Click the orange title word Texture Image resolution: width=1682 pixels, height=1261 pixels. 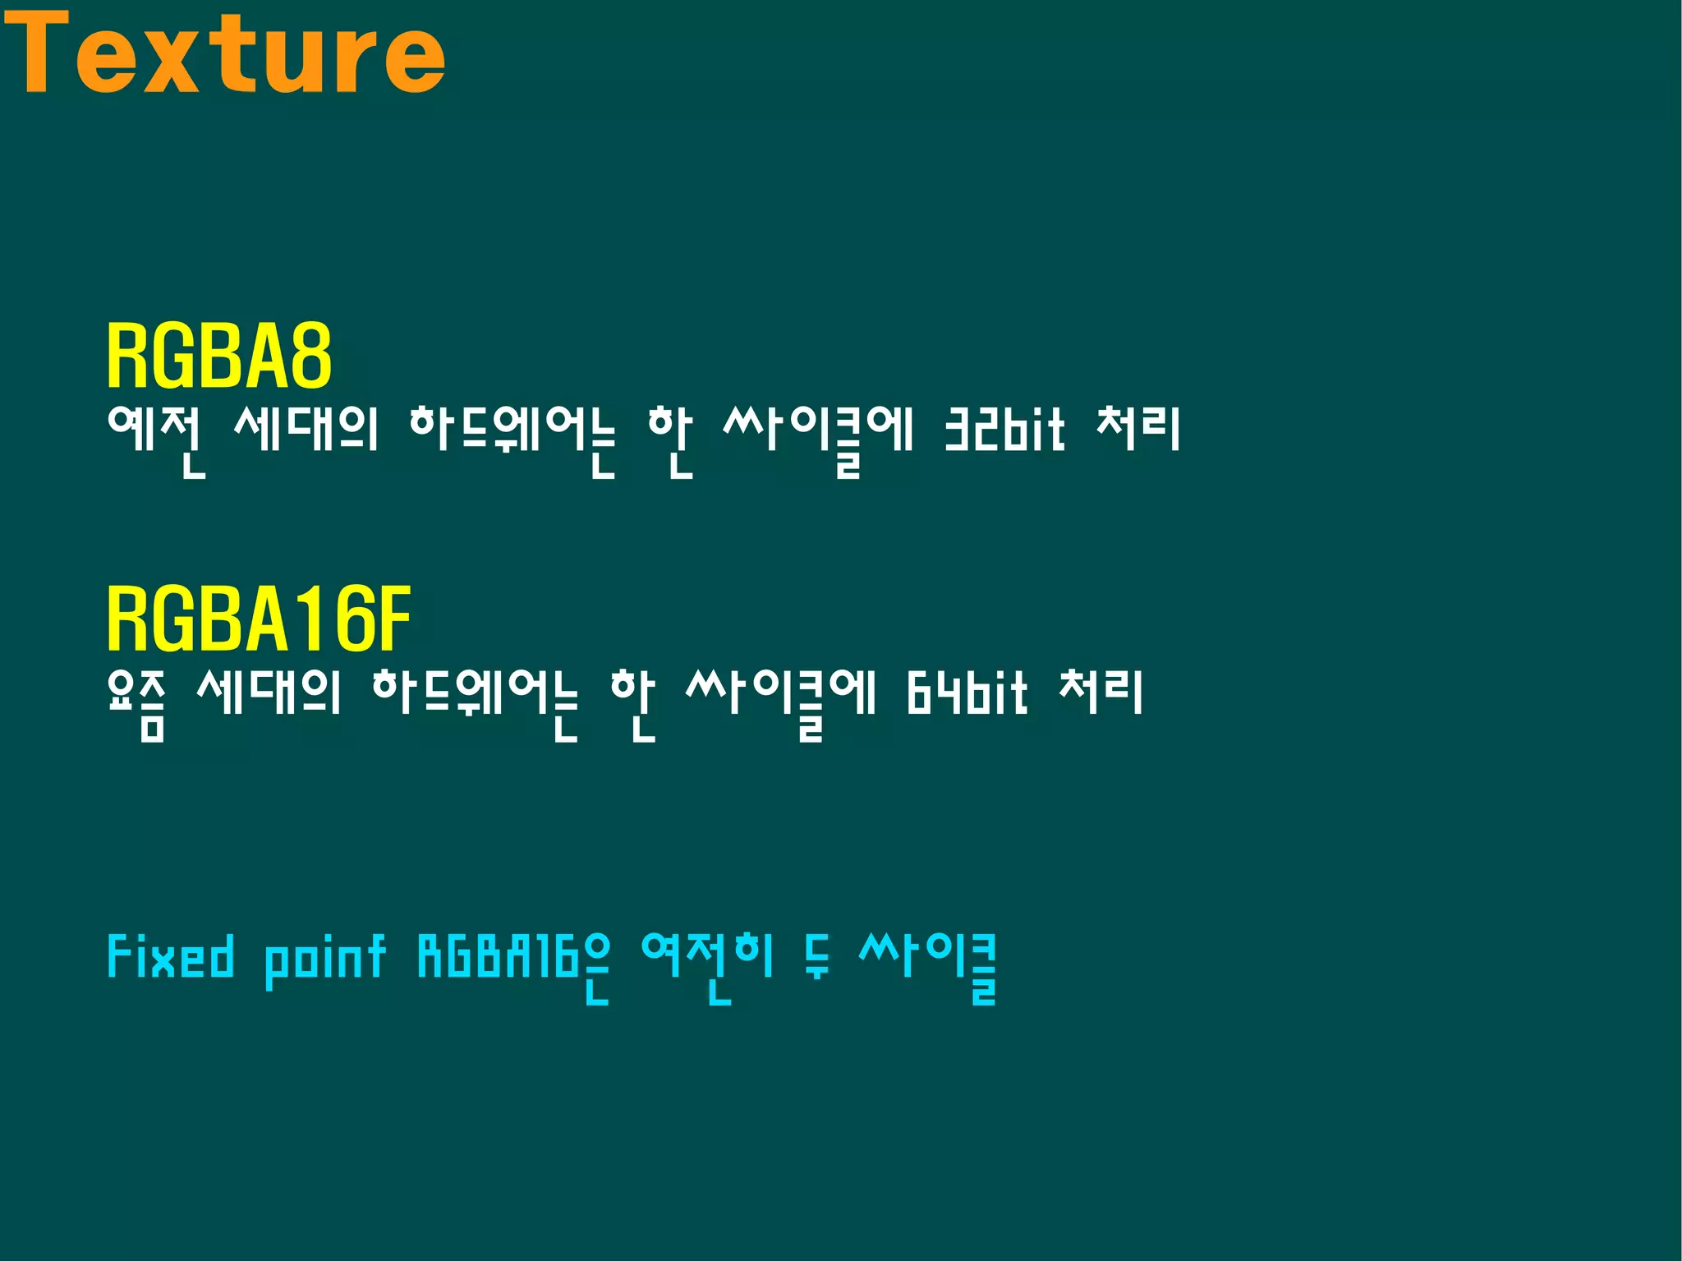(x=223, y=53)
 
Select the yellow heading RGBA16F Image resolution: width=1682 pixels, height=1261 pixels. (x=258, y=619)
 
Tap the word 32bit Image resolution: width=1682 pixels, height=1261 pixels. (x=1004, y=430)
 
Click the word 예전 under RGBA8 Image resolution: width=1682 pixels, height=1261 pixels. (x=155, y=435)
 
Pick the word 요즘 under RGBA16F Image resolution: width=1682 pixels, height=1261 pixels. (x=136, y=702)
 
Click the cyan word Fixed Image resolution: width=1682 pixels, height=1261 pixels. (x=170, y=958)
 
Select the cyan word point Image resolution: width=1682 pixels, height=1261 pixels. (x=324, y=960)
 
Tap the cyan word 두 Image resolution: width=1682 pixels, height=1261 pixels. (x=816, y=958)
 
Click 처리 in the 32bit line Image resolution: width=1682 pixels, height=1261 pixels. (x=1138, y=430)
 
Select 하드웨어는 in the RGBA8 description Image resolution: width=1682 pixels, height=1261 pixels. (x=511, y=435)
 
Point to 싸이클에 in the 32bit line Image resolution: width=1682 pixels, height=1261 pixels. (x=817, y=435)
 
